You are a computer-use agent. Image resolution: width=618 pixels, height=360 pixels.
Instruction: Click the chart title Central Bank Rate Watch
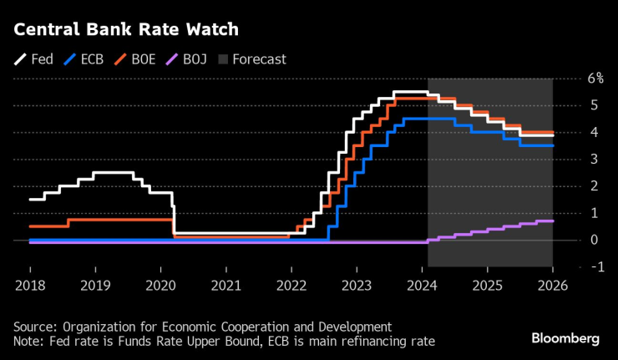click(x=125, y=29)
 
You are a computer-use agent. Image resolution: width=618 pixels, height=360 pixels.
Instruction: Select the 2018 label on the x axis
click(x=30, y=285)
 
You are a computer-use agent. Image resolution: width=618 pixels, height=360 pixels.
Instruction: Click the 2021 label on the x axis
click(x=225, y=285)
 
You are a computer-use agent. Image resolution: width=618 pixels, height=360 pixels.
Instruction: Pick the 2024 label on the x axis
click(x=422, y=285)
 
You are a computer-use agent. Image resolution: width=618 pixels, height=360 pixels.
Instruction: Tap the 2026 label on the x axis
click(x=552, y=285)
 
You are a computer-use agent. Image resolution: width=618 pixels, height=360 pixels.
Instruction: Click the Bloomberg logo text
click(x=565, y=338)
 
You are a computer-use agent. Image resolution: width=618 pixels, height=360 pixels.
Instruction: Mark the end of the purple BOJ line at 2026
click(x=552, y=221)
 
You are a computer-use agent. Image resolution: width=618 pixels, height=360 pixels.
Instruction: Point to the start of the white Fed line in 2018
click(x=30, y=200)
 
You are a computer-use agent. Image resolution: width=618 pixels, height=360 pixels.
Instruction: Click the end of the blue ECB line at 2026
click(x=552, y=145)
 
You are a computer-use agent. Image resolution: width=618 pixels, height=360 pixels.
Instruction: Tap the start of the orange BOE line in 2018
click(x=30, y=226)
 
